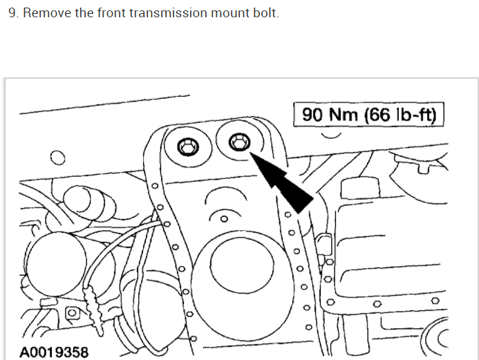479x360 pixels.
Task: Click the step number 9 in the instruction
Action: click(x=12, y=13)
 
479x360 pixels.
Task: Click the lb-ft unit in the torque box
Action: click(x=415, y=115)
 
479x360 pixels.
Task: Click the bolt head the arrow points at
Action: click(x=238, y=142)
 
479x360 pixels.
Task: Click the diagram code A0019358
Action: click(x=54, y=352)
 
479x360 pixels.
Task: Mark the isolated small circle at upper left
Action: click(x=57, y=158)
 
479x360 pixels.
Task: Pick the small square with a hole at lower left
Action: click(x=71, y=314)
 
